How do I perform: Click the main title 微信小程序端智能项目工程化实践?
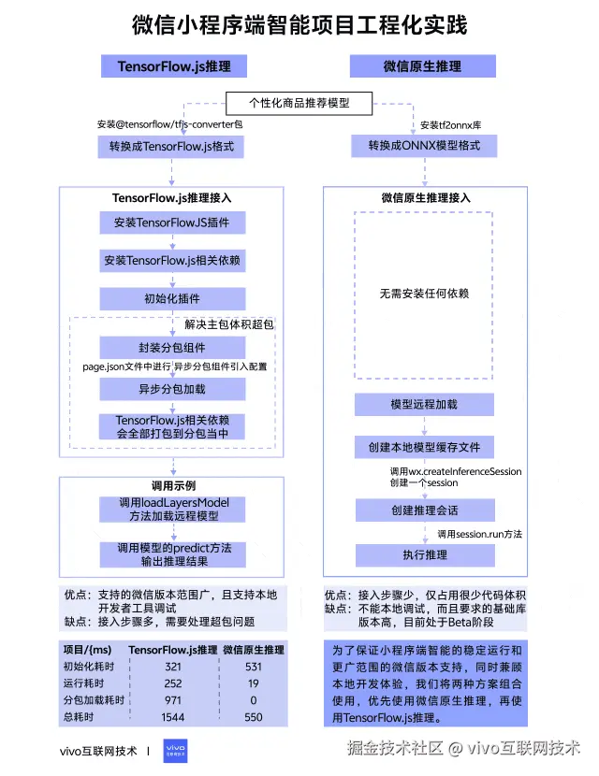pos(299,24)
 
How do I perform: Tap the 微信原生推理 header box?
pos(422,66)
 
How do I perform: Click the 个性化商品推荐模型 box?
pos(299,102)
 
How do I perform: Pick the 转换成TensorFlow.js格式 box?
pos(171,147)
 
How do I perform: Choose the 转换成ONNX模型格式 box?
pos(424,147)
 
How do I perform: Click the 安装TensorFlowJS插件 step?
pos(171,223)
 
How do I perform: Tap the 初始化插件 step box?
pos(171,299)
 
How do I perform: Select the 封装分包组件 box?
pos(171,347)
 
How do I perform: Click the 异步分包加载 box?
pos(171,389)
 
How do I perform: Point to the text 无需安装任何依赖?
pos(423,294)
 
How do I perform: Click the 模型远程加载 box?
pos(424,405)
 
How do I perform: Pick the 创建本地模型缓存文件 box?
pos(424,448)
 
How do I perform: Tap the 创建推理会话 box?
pos(424,510)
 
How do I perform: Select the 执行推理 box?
pos(424,555)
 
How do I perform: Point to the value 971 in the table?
pos(171,700)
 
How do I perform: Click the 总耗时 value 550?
pos(252,717)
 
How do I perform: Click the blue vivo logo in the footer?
pos(175,750)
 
